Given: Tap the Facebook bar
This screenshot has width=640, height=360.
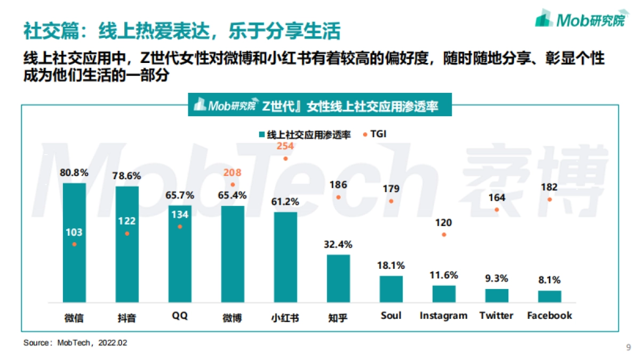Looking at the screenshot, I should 549,297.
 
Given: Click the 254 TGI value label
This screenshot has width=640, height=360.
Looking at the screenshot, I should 286,146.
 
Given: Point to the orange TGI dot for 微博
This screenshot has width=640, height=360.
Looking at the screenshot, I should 233,185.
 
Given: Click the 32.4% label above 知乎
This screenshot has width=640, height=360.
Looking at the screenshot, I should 338,245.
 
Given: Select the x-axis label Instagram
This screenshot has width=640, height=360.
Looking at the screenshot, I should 443,316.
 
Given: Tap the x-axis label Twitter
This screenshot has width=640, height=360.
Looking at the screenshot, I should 497,316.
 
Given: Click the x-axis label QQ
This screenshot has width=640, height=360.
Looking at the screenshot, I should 180,316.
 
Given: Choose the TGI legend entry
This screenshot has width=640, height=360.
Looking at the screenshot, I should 376,134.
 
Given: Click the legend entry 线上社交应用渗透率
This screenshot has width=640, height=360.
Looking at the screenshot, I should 304,134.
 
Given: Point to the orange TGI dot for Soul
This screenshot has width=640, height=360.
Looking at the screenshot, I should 391,201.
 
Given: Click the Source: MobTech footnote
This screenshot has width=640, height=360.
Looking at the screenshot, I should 75,342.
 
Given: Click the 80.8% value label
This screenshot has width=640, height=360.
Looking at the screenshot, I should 74,173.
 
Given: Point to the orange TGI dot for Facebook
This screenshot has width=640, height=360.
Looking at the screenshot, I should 549,199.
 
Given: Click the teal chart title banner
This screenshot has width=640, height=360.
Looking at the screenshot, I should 320,106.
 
